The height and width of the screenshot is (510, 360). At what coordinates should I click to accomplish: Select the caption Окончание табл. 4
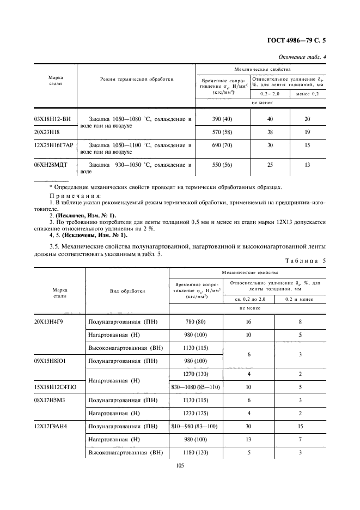pyautogui.click(x=302, y=57)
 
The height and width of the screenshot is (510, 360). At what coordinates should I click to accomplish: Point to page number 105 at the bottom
pyautogui.click(x=180, y=465)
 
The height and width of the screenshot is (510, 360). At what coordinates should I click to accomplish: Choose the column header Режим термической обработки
pyautogui.click(x=137, y=80)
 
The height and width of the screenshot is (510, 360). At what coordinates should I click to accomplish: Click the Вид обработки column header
pyautogui.click(x=127, y=291)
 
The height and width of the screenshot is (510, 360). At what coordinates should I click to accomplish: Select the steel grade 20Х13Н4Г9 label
pyautogui.click(x=52, y=321)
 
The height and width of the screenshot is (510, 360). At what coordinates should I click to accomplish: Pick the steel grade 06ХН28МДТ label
pyautogui.click(x=53, y=165)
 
